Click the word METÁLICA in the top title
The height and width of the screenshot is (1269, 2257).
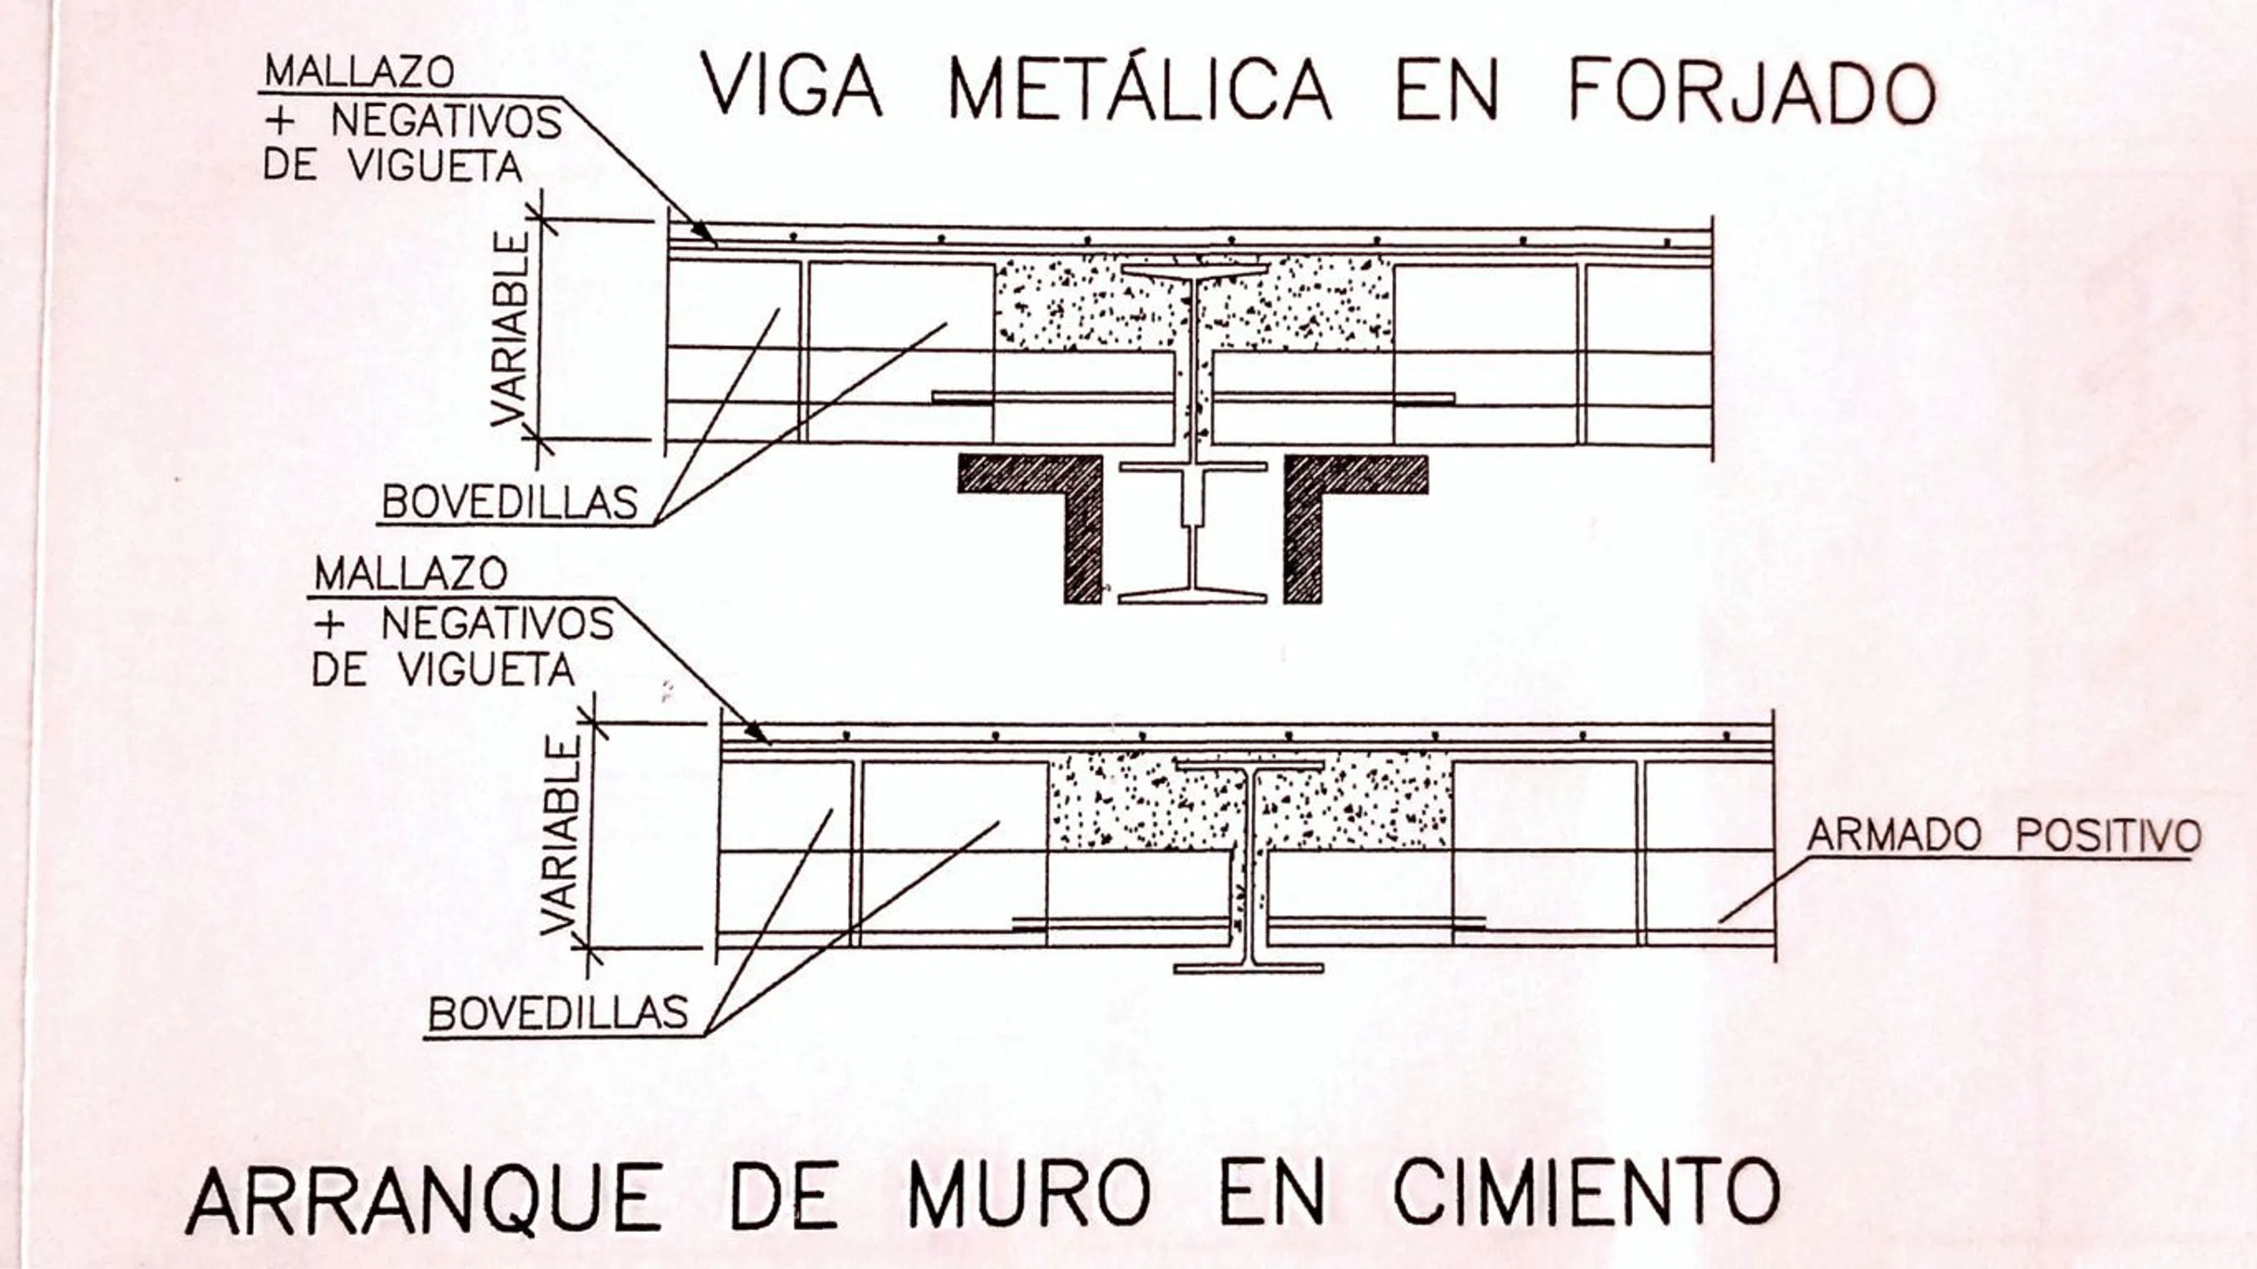click(1140, 90)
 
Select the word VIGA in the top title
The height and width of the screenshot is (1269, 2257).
click(793, 89)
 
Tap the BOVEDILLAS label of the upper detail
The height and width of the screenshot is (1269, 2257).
click(510, 503)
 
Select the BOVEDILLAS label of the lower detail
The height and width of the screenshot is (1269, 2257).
click(558, 1014)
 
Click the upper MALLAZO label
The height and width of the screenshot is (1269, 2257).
click(359, 72)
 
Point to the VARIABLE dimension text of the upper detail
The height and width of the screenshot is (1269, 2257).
click(510, 328)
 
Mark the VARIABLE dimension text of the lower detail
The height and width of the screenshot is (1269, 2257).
click(560, 836)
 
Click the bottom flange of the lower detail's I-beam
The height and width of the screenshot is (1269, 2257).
click(1249, 968)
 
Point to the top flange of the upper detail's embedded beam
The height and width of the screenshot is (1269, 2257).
click(1195, 270)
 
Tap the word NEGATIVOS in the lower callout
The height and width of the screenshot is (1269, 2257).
click(498, 624)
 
